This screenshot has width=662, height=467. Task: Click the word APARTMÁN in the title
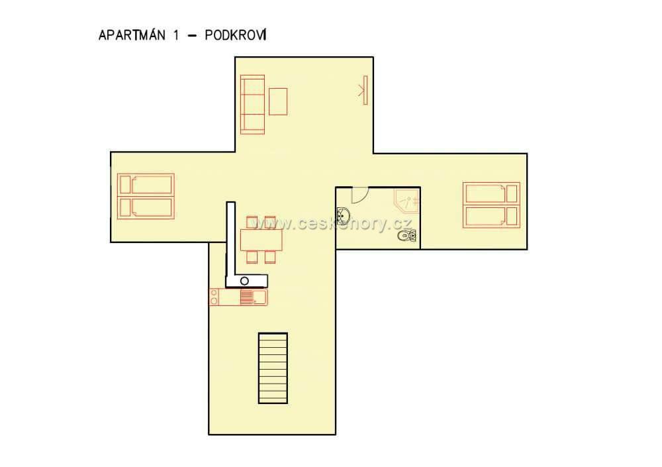click(132, 34)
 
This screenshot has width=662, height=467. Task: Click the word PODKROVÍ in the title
click(236, 34)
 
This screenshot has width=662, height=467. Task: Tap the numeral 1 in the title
click(175, 35)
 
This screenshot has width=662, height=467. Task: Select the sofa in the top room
click(252, 105)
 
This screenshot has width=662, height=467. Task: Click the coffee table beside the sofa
click(278, 101)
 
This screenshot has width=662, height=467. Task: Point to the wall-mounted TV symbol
click(364, 90)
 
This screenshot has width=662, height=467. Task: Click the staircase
click(273, 368)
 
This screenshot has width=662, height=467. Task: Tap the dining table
click(261, 240)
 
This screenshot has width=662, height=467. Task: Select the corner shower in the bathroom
click(407, 200)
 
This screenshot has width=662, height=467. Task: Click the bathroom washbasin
click(343, 216)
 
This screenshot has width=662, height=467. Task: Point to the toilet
click(406, 235)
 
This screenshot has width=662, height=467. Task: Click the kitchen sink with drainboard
click(254, 297)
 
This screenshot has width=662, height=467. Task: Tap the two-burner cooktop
click(214, 297)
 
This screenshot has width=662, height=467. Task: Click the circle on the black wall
click(244, 281)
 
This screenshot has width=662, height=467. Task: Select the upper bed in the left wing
click(146, 184)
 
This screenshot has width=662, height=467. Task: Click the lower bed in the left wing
click(146, 207)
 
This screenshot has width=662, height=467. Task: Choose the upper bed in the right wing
click(491, 194)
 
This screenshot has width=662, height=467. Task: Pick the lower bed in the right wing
click(491, 217)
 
